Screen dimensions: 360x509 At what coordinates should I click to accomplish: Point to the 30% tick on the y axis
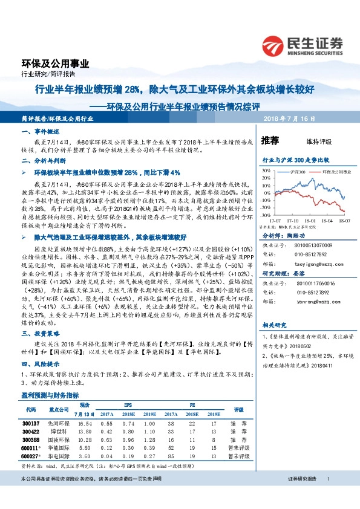point(266,171)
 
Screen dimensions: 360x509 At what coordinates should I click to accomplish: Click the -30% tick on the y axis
point(264,215)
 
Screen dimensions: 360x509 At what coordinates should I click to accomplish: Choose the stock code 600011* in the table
point(31,448)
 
